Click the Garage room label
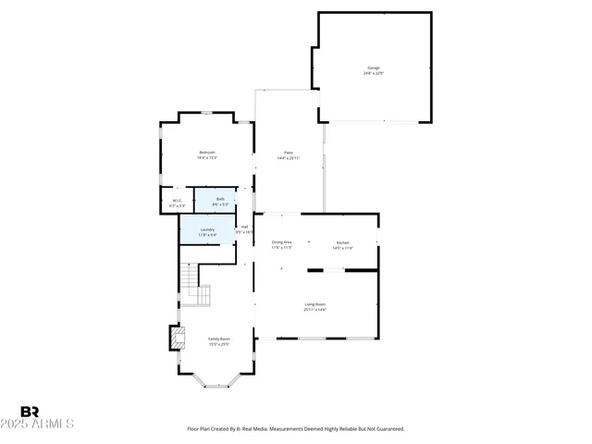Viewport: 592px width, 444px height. coord(373,68)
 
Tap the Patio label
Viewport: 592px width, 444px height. coord(288,153)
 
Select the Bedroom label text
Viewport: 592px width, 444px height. coord(206,153)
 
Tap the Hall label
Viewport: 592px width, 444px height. coord(245,227)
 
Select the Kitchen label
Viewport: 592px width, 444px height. coord(342,242)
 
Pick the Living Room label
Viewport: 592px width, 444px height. coord(314,303)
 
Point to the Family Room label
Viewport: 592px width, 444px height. coord(218,339)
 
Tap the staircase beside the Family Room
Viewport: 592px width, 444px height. coord(195,285)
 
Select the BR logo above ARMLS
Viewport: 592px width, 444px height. coord(30,411)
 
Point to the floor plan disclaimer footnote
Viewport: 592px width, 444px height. coord(296,429)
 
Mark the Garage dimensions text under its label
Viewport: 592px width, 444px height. coord(373,74)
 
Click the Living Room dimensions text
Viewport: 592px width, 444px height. coord(314,310)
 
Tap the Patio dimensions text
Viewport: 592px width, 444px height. coord(288,158)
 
